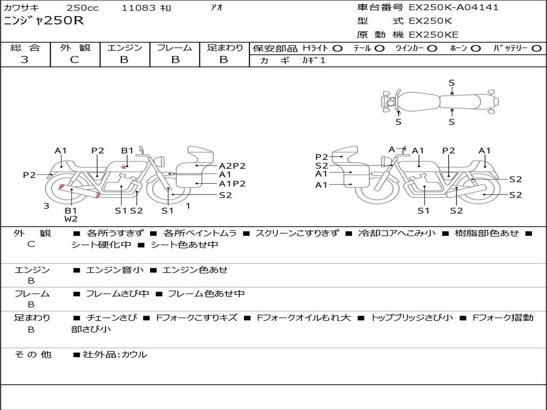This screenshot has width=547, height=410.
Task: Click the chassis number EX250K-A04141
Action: point(454,7)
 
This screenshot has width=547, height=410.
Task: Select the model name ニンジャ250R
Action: point(44,21)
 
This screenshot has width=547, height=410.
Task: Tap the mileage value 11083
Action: point(138,7)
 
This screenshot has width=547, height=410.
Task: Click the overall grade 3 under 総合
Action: point(25,59)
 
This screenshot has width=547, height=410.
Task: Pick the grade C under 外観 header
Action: point(74,59)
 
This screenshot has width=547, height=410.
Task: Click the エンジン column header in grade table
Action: point(124,48)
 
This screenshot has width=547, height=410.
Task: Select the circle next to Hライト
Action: point(338,49)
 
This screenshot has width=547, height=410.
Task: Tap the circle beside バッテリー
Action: point(537,49)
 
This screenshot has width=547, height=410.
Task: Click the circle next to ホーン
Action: point(476,49)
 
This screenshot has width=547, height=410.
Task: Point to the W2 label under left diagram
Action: point(71,219)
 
